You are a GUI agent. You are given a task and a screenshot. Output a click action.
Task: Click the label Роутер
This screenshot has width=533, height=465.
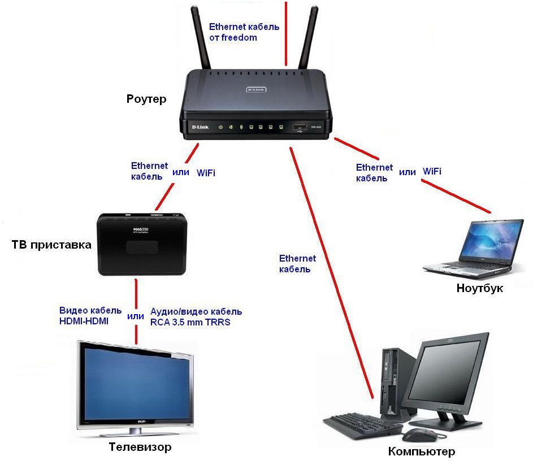click(x=146, y=99)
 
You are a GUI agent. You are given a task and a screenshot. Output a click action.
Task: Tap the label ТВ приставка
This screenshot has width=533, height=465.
click(x=51, y=245)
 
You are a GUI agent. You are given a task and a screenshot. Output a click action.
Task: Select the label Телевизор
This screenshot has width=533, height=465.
click(x=139, y=447)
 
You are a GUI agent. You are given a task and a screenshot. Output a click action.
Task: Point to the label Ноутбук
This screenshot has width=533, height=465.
click(x=479, y=289)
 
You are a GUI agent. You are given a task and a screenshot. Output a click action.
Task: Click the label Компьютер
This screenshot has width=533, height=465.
click(x=421, y=451)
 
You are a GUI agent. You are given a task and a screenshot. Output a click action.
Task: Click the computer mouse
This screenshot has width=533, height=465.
click(x=417, y=435)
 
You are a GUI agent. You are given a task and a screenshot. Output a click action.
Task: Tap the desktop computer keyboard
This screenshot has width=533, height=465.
click(x=362, y=427)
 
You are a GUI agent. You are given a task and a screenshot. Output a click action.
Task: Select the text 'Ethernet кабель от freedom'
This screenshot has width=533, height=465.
click(x=244, y=32)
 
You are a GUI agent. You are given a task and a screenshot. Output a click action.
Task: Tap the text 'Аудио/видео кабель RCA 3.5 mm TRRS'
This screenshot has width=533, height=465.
click(x=196, y=316)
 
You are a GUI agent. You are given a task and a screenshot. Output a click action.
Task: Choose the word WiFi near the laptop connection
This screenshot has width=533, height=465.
click(x=432, y=171)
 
